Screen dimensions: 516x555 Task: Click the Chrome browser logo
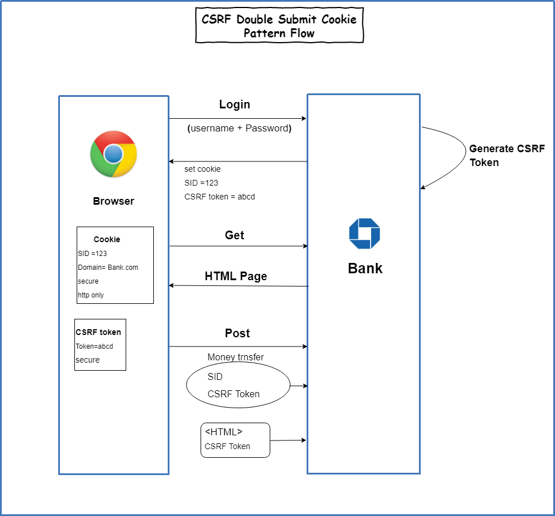(x=114, y=154)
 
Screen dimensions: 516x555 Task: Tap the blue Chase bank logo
(x=364, y=233)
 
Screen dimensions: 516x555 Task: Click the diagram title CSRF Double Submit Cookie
(x=280, y=19)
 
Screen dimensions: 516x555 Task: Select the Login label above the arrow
(x=235, y=104)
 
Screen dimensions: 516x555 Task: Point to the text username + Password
(x=239, y=129)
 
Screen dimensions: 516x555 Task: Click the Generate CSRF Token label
(x=506, y=155)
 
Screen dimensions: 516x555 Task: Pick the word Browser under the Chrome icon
(x=114, y=201)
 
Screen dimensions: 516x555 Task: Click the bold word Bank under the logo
(x=365, y=268)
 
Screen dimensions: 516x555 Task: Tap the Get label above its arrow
(x=235, y=235)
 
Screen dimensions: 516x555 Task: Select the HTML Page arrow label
(x=236, y=276)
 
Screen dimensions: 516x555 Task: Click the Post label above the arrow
(x=237, y=333)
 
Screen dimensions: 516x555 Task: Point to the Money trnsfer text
(x=235, y=357)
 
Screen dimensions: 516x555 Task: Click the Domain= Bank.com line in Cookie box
(x=108, y=268)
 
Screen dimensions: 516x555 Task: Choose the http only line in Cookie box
(x=90, y=295)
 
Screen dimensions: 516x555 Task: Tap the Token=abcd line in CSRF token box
(x=94, y=346)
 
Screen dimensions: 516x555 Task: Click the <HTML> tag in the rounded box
(x=224, y=432)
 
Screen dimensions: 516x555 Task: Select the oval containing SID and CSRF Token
(x=238, y=385)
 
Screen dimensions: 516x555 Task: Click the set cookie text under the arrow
(x=202, y=169)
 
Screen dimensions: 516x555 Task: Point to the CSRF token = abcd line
(x=220, y=197)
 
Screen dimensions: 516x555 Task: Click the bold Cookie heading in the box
(x=107, y=239)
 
